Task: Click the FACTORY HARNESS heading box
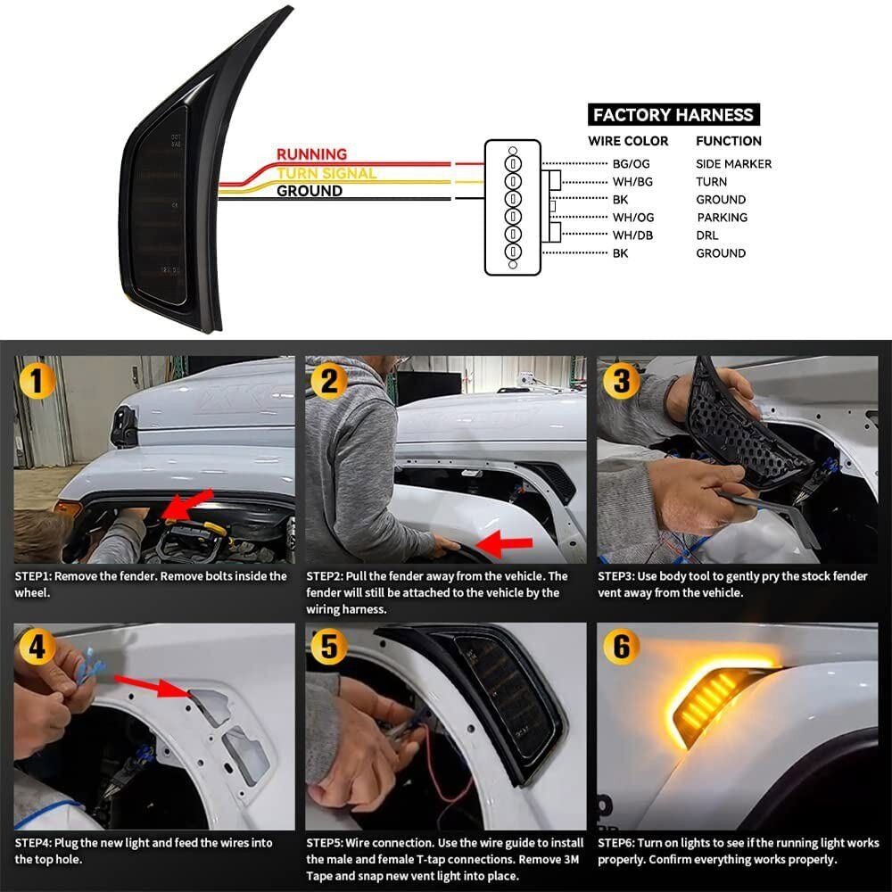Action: [673, 114]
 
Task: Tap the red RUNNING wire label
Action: [311, 154]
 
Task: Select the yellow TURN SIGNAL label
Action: [326, 173]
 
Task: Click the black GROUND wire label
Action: [309, 191]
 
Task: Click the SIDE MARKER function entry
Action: [733, 164]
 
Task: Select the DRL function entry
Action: [706, 235]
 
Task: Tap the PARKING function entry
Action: [722, 218]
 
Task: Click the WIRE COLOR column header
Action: [628, 141]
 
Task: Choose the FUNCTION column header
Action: [728, 141]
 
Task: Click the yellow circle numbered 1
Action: [37, 382]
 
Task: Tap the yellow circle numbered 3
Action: [621, 381]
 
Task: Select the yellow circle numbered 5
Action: [329, 647]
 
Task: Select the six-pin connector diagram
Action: [513, 208]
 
